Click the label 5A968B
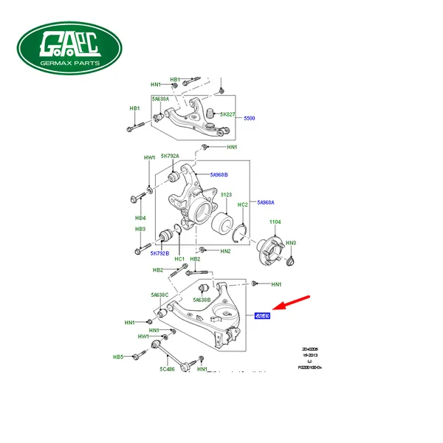click(x=219, y=175)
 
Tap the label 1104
click(x=275, y=221)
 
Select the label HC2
click(x=242, y=205)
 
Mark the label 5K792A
click(x=171, y=157)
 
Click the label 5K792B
click(x=161, y=254)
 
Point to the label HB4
click(x=140, y=219)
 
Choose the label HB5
click(x=118, y=357)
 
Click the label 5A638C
click(x=160, y=295)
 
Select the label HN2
click(x=225, y=251)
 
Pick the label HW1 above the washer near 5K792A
click(x=150, y=158)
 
